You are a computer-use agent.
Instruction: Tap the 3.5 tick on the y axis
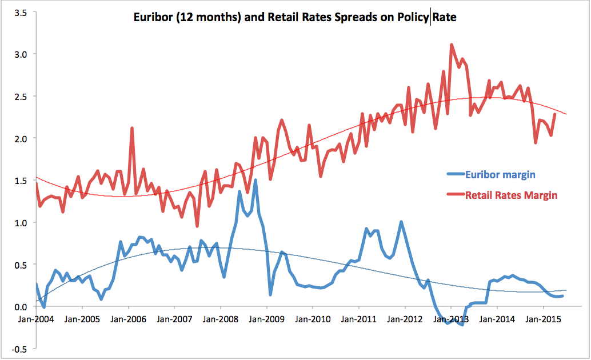[x=20, y=11]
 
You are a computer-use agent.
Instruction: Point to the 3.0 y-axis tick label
[x=20, y=54]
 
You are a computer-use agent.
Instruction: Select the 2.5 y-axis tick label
[x=20, y=96]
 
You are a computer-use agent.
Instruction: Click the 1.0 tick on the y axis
[x=20, y=222]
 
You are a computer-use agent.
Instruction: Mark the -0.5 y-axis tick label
[x=18, y=349]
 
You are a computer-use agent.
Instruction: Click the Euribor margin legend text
[x=501, y=175]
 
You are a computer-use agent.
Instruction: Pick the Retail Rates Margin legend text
[x=511, y=195]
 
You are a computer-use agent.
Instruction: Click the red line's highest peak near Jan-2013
[x=452, y=45]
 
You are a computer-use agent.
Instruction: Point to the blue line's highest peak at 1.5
[x=255, y=181]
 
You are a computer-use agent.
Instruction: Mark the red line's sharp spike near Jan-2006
[x=132, y=128]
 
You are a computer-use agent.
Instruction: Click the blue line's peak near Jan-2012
[x=401, y=222]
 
